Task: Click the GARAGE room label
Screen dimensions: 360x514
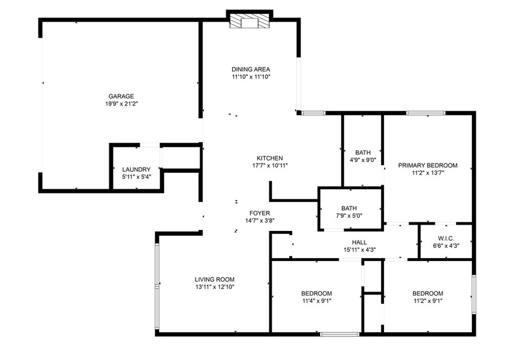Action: pyautogui.click(x=121, y=96)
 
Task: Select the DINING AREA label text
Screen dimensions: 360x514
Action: pyautogui.click(x=251, y=69)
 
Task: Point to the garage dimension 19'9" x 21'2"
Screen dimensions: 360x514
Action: pyautogui.click(x=121, y=104)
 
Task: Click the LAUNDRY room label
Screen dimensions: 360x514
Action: pyautogui.click(x=136, y=169)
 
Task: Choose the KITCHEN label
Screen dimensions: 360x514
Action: pyautogui.click(x=270, y=158)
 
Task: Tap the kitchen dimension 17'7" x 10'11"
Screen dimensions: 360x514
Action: pyautogui.click(x=270, y=165)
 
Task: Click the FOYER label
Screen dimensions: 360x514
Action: pyautogui.click(x=260, y=213)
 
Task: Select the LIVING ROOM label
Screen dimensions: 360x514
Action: pyautogui.click(x=214, y=279)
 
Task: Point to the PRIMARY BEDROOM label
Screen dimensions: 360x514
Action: pyautogui.click(x=428, y=165)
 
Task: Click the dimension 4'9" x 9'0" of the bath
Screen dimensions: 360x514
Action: pyautogui.click(x=362, y=160)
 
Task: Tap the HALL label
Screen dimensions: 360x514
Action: pyautogui.click(x=359, y=242)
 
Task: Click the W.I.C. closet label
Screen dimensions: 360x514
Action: pyautogui.click(x=446, y=238)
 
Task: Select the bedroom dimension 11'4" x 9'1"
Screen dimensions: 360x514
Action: pyautogui.click(x=316, y=301)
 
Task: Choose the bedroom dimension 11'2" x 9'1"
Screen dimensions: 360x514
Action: pyautogui.click(x=428, y=301)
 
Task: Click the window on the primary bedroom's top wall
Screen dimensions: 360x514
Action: pyautogui.click(x=425, y=113)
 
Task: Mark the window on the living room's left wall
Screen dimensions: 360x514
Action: pyautogui.click(x=157, y=286)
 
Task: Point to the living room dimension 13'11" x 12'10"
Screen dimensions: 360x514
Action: pyautogui.click(x=214, y=287)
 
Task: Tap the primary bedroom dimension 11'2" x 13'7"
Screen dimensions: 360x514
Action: pyautogui.click(x=428, y=173)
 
